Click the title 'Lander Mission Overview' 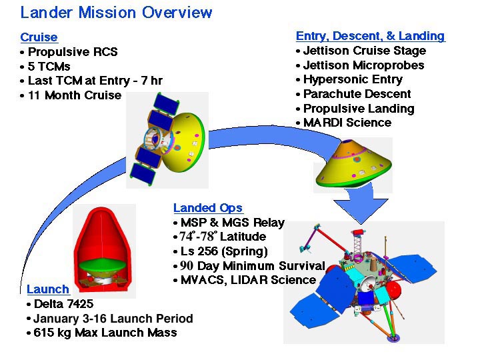tap(116, 13)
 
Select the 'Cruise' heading tap(39, 37)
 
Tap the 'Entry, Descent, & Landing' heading tap(371, 36)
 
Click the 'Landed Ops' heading tap(208, 208)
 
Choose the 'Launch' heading tap(48, 289)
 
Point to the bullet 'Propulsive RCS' tap(73, 52)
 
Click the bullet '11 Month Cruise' tap(75, 95)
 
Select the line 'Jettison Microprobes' tap(364, 65)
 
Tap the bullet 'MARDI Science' tap(347, 123)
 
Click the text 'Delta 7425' tap(64, 304)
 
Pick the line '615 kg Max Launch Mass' tap(105, 333)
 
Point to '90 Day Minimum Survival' tap(253, 266)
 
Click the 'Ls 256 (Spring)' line tap(224, 251)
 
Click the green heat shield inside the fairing tap(103, 266)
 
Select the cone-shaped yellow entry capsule tap(354, 163)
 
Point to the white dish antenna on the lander tap(367, 285)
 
